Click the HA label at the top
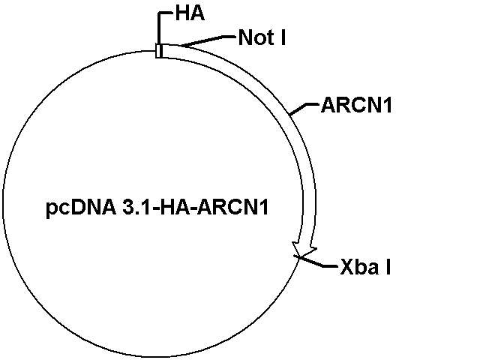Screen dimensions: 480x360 [190, 14]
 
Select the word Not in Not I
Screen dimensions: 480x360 [256, 37]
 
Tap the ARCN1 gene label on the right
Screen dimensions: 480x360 [356, 105]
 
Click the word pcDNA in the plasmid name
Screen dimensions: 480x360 [81, 208]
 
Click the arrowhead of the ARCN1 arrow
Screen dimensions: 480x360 [304, 249]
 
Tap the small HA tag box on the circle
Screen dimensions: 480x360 [159, 51]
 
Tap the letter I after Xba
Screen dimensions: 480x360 [388, 267]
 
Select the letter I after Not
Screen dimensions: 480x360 [283, 37]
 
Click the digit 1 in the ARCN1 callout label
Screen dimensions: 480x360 [387, 106]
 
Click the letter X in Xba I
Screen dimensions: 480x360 [346, 267]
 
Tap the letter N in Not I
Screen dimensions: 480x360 [245, 37]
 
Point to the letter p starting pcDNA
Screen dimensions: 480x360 [51, 210]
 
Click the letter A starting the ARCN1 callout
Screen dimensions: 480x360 [328, 106]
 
